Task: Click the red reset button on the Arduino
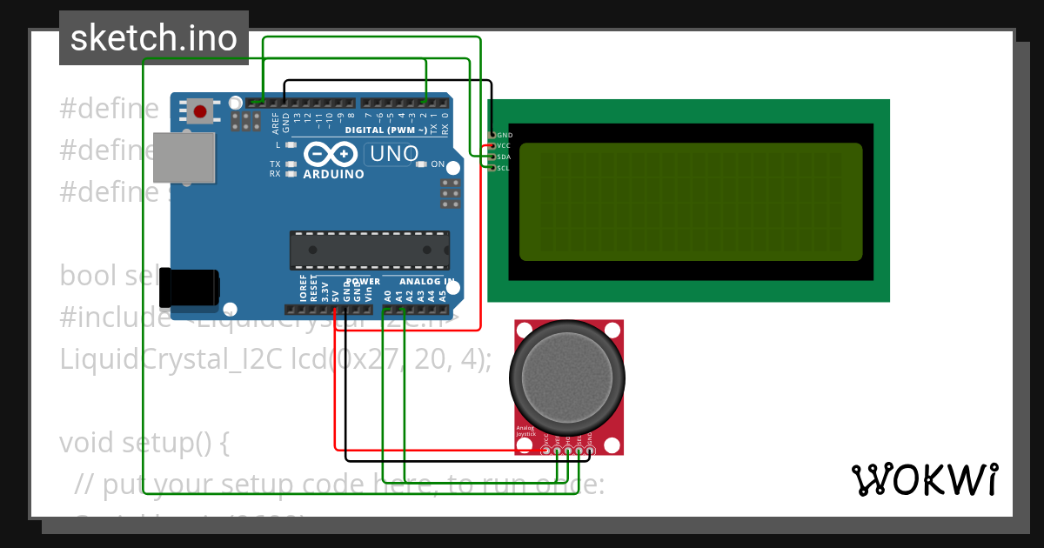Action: pos(200,111)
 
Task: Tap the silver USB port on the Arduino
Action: pos(184,157)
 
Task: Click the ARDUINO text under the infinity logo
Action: pos(333,174)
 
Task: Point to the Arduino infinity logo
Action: pos(331,154)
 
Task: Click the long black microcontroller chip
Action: pos(369,250)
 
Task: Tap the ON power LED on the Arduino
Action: pos(422,164)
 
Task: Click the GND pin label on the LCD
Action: pos(505,136)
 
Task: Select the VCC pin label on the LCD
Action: pos(504,146)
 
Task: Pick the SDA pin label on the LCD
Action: pos(504,157)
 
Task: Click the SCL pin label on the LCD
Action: pos(504,168)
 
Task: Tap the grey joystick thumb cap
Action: pos(568,376)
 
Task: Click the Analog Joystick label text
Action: pos(525,431)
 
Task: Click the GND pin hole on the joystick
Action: pos(589,450)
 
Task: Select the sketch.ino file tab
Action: pos(154,37)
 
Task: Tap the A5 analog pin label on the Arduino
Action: pos(442,296)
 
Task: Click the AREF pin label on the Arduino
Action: pos(276,120)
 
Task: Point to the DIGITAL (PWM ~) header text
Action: pos(386,130)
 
